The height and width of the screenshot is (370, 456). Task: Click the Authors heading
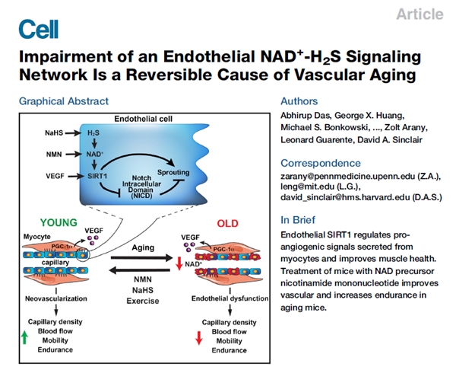tap(300, 100)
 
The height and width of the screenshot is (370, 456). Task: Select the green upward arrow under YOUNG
tap(25, 337)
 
